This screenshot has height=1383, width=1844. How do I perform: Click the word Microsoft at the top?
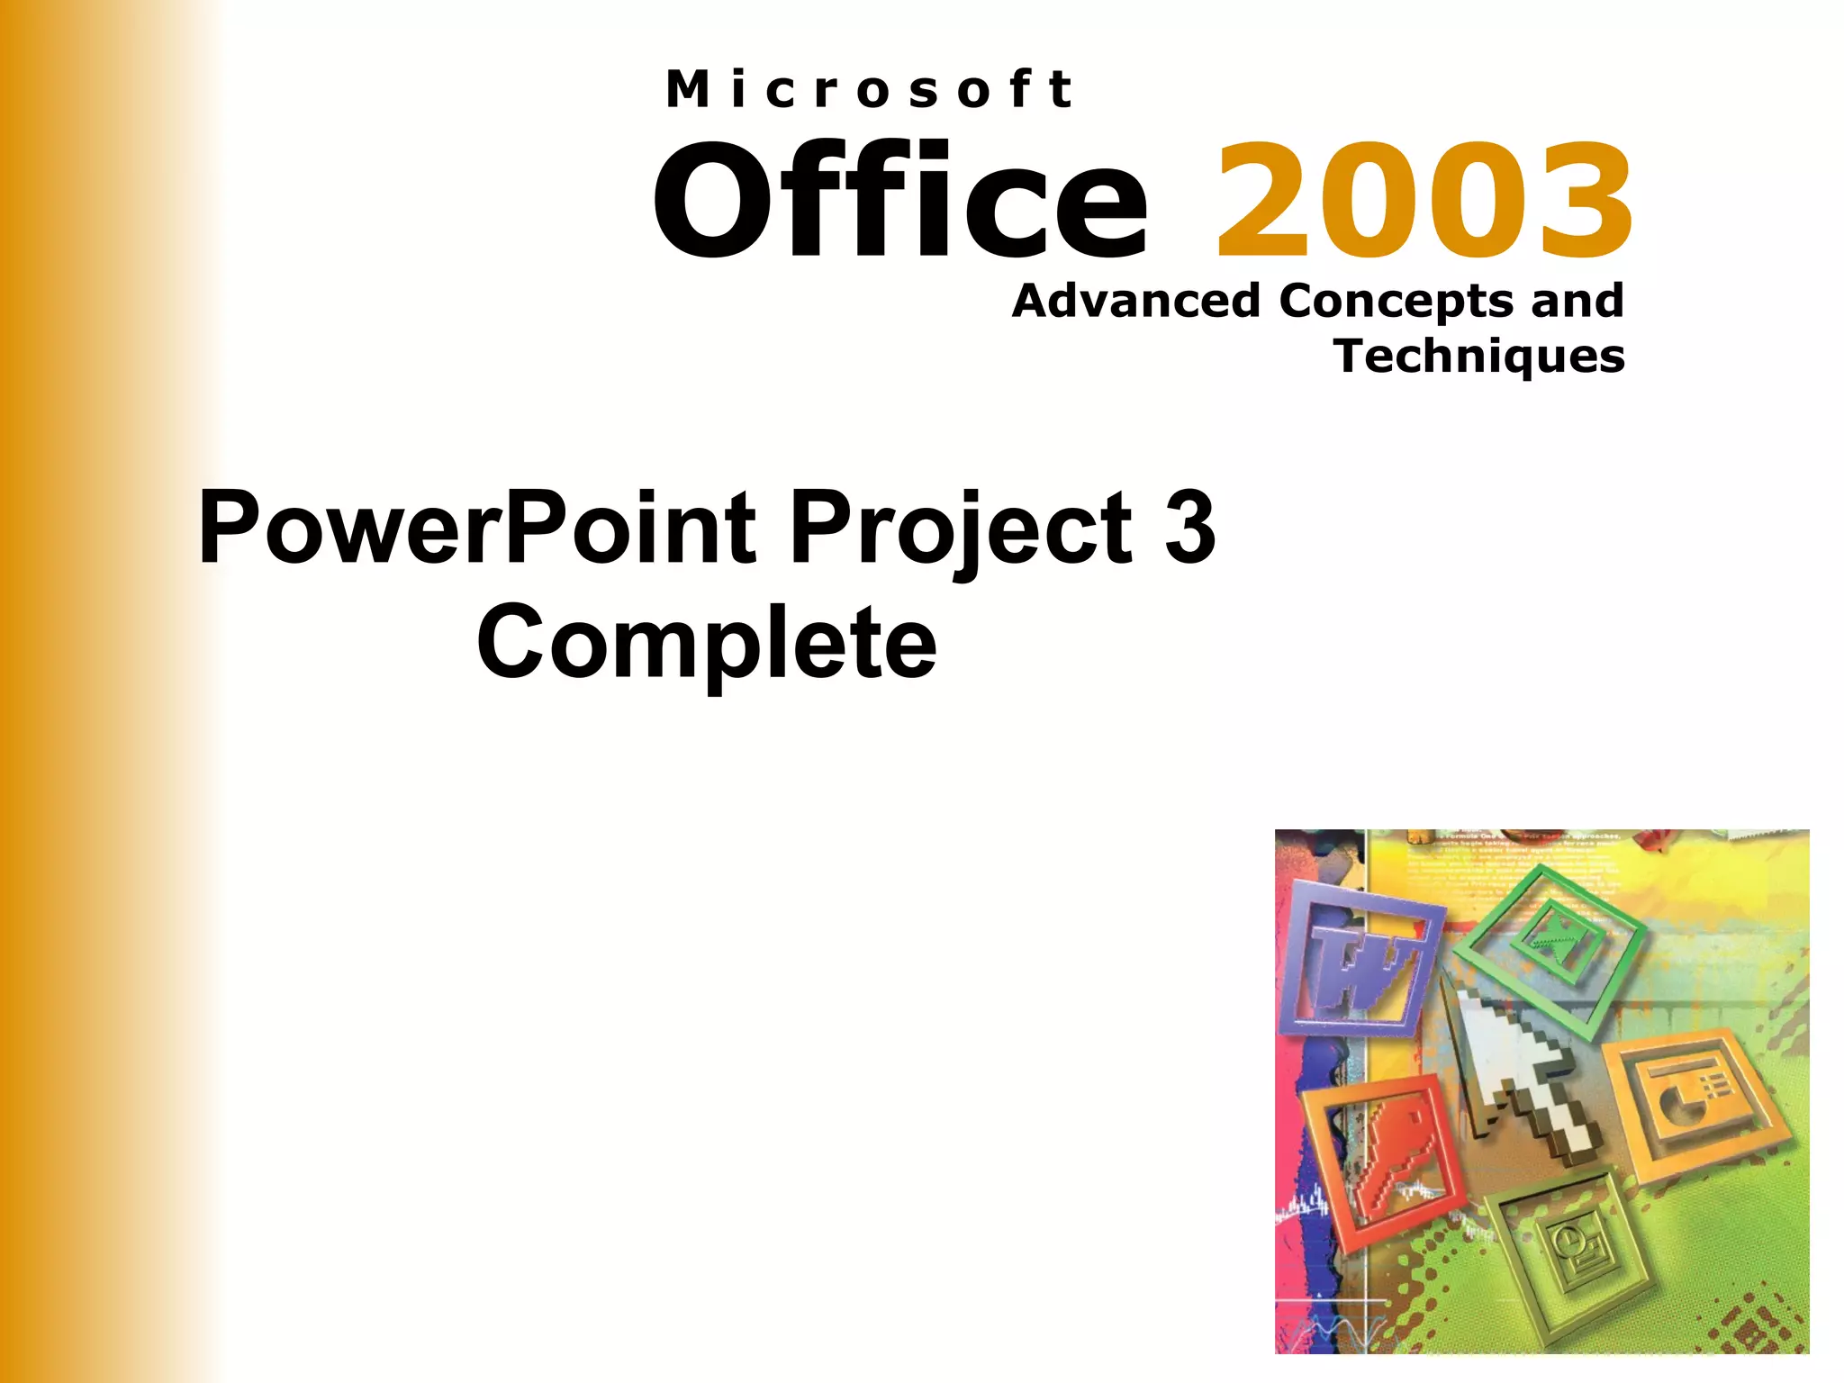coord(869,90)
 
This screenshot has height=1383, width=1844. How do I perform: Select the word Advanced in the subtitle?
coord(1135,301)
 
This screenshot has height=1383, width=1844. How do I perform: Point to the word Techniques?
coord(1479,357)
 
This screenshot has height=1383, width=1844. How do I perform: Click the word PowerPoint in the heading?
coord(477,529)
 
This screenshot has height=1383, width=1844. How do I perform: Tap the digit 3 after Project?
coord(1189,529)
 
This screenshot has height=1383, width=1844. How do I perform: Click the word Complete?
coord(707,643)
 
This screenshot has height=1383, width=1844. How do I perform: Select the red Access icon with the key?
coord(1387,1162)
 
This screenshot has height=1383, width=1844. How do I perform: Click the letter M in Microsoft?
coord(688,90)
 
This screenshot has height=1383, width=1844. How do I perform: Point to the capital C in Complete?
coord(514,643)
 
